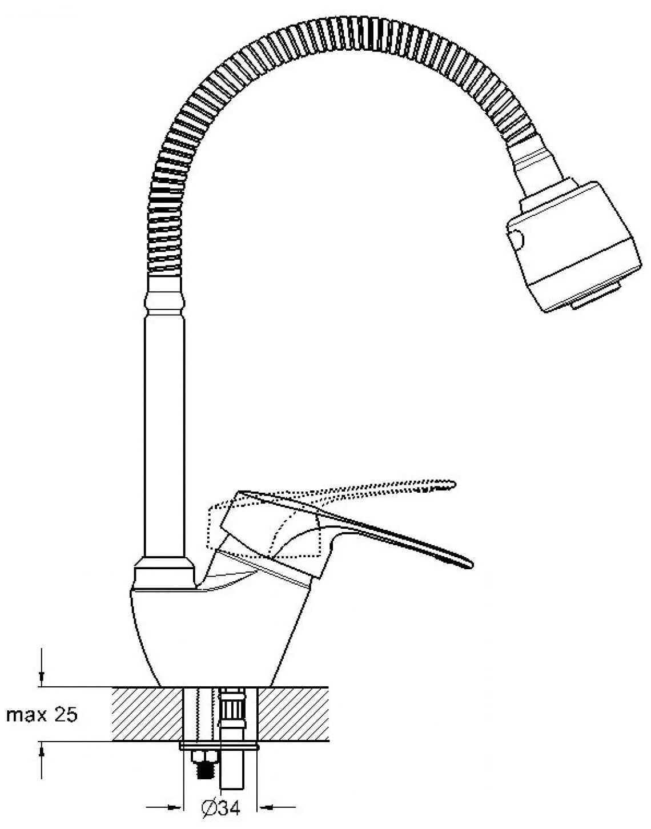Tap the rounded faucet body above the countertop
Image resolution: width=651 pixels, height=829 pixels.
[217, 634]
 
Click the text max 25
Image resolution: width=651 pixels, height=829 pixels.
[41, 714]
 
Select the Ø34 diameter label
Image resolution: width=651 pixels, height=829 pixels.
[220, 808]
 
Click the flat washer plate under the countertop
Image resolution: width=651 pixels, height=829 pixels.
[219, 746]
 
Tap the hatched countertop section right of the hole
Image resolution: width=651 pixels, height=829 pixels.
[294, 714]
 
